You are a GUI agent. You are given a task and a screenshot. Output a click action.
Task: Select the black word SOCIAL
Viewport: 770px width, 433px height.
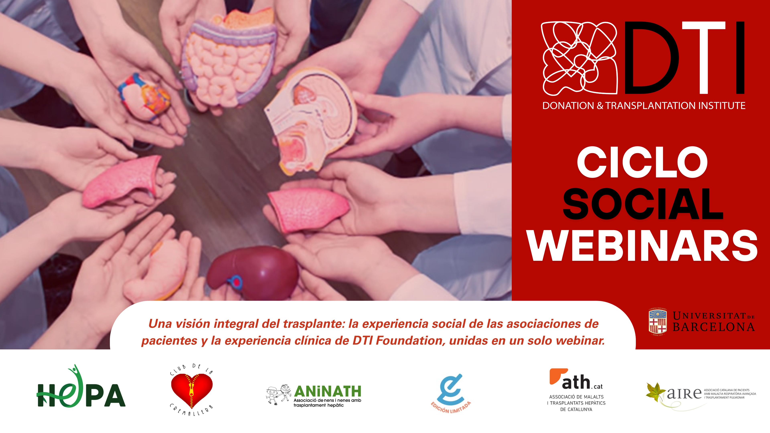pos(643,204)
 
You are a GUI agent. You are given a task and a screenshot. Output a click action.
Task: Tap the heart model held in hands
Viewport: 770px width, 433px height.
pos(144,96)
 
